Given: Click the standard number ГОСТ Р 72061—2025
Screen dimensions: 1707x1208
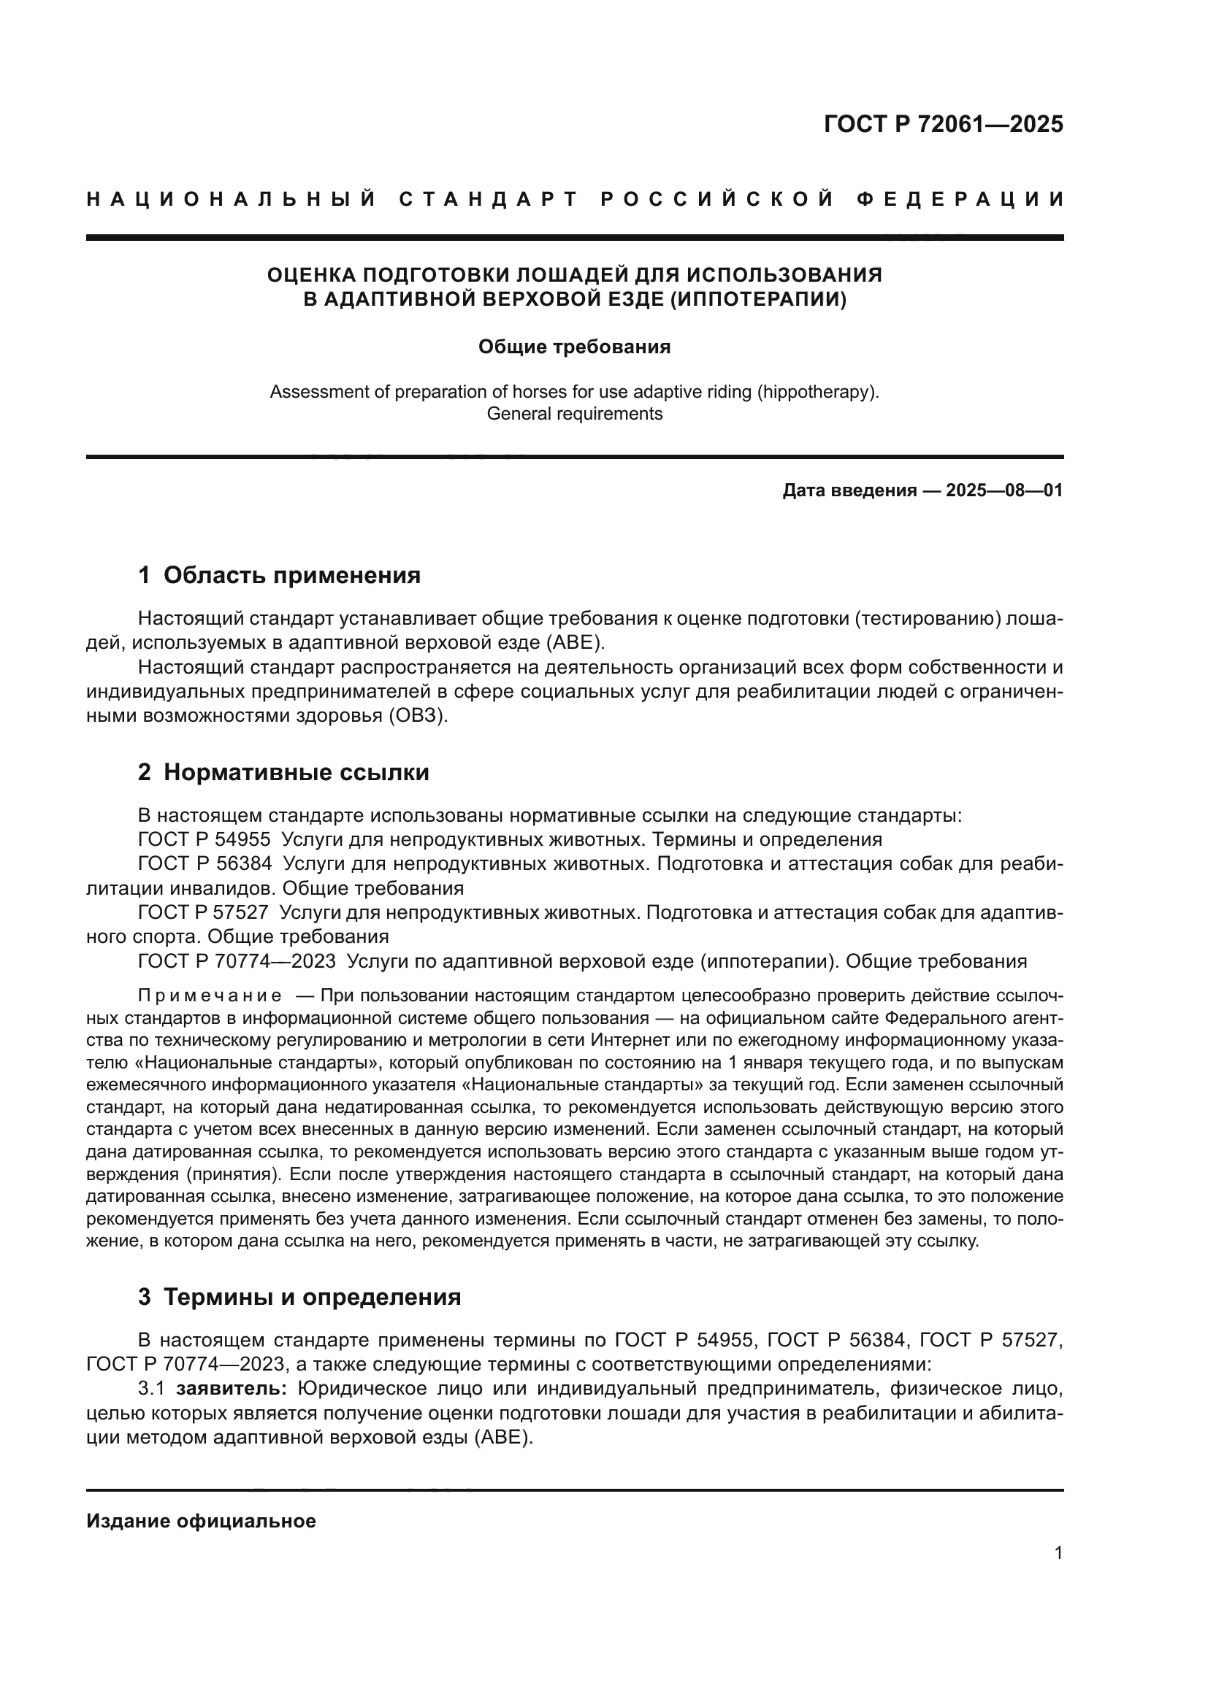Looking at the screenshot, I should (x=942, y=123).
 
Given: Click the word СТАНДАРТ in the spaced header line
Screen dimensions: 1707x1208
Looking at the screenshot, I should (x=488, y=199).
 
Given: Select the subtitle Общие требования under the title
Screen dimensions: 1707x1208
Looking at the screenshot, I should (x=574, y=347).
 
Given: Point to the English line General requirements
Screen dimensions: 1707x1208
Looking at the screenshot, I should (x=574, y=414).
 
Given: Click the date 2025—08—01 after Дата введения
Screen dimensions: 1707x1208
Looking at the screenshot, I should (x=1004, y=490).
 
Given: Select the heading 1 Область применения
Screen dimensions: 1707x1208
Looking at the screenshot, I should (x=279, y=575).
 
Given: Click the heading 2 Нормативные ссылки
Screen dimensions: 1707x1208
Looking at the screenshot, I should (x=283, y=772).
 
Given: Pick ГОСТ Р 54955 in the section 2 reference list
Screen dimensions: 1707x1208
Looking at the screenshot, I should (x=204, y=840).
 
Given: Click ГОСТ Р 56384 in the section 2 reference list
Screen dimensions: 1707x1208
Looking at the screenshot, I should (x=204, y=865).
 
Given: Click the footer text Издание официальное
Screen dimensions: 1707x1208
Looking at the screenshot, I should (x=201, y=1521).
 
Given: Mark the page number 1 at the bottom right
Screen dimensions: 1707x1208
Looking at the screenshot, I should (x=1058, y=1553).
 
